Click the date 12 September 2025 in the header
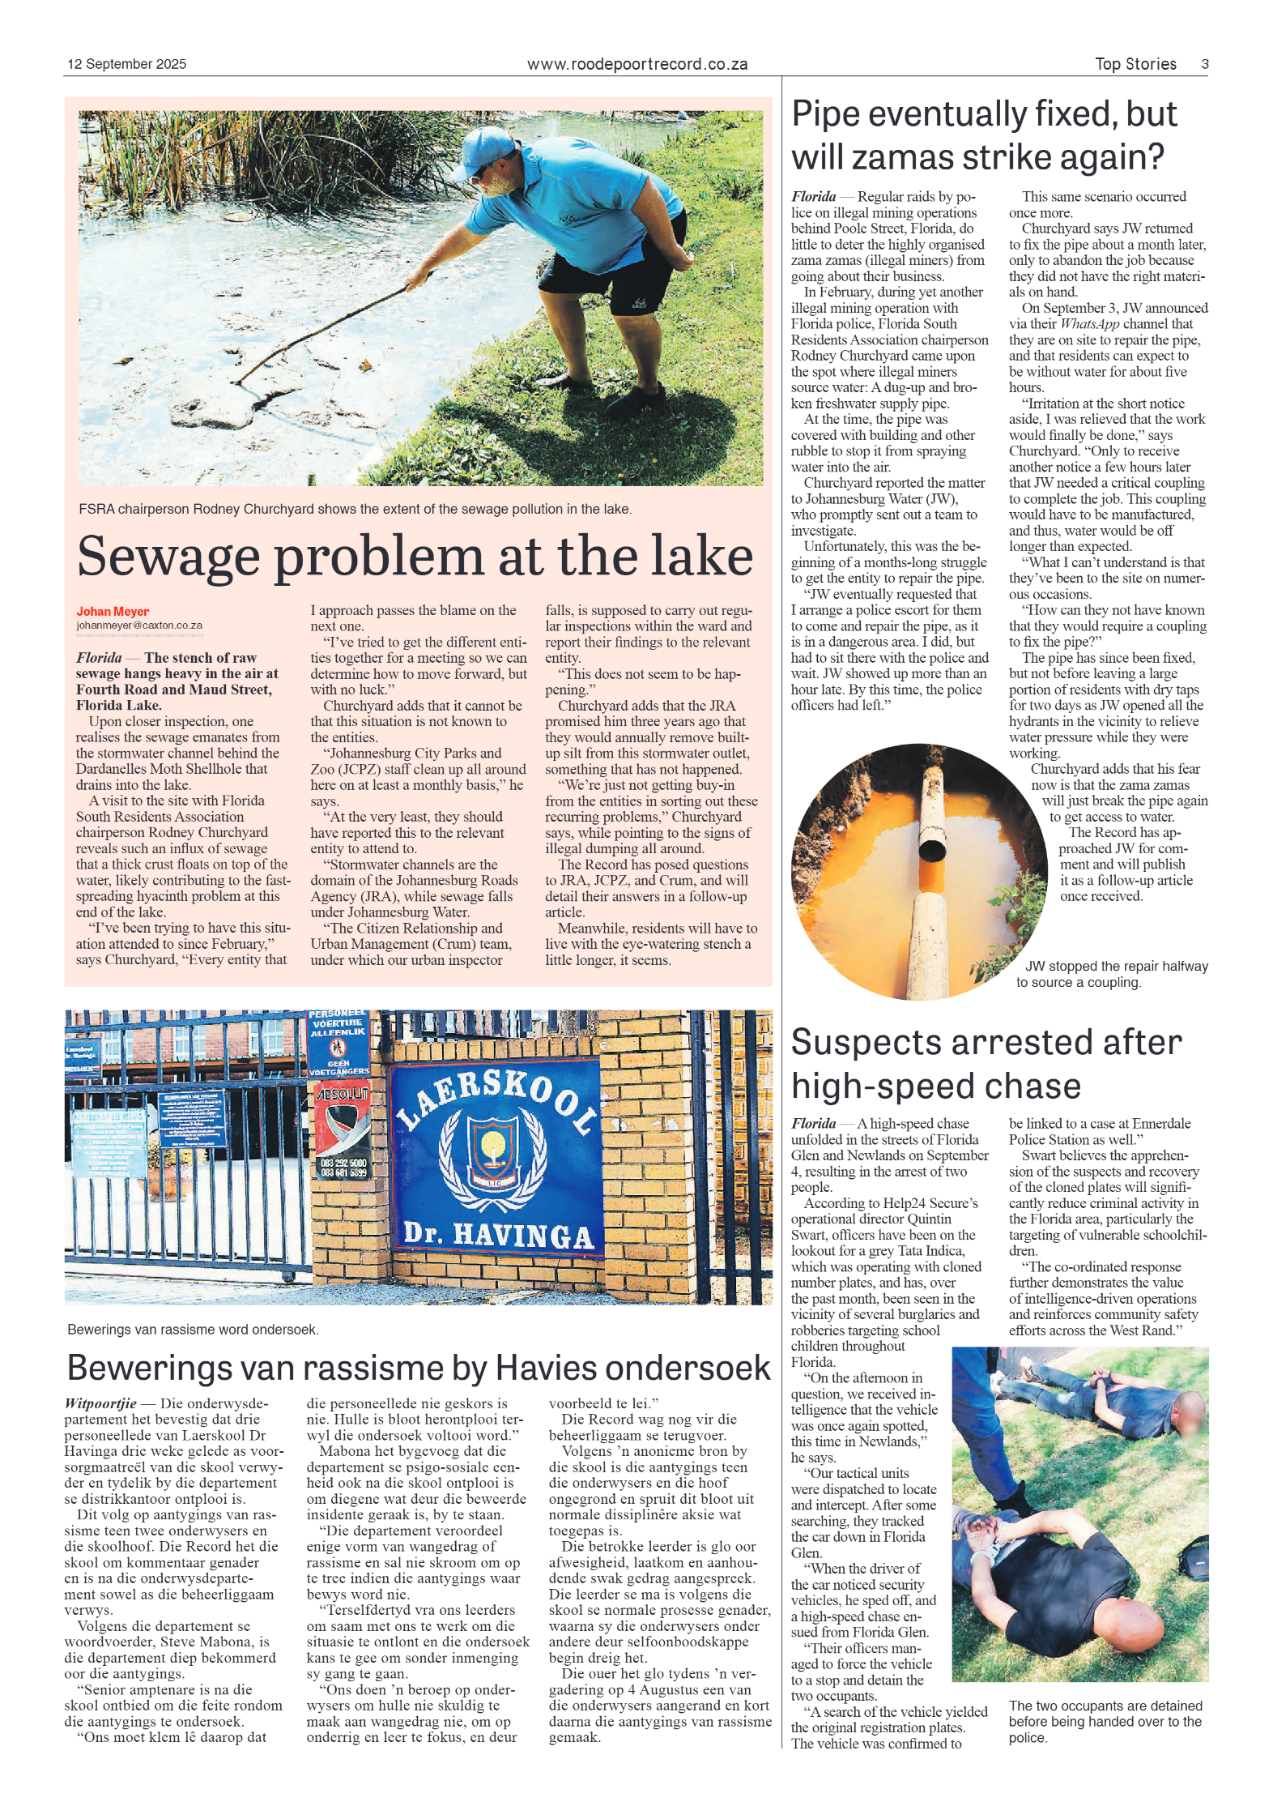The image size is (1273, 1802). point(126,64)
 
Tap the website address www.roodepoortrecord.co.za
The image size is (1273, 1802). point(636,64)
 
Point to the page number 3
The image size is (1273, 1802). point(1204,64)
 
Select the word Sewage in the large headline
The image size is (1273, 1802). point(168,557)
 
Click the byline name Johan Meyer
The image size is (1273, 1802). point(113,611)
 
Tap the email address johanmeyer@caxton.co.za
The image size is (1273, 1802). point(139,626)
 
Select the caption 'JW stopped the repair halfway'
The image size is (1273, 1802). point(1116,966)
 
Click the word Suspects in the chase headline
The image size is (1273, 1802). point(876,1043)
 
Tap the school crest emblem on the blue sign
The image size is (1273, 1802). point(492,1150)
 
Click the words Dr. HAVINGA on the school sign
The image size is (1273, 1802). point(498,1234)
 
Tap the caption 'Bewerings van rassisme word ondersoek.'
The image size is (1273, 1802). point(193,1330)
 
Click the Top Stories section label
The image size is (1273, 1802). point(1135,64)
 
